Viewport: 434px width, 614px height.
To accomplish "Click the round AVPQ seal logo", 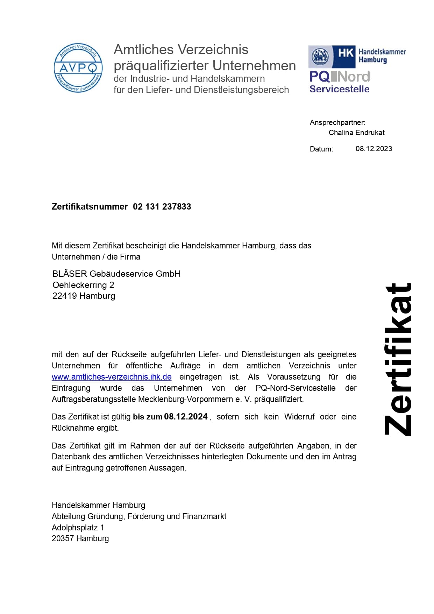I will (78, 68).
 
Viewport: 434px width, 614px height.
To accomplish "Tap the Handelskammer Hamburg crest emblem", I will (320, 56).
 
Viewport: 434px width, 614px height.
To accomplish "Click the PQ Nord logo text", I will (339, 76).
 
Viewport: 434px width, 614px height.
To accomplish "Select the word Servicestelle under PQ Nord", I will (339, 89).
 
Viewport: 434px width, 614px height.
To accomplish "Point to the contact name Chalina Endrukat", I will (356, 133).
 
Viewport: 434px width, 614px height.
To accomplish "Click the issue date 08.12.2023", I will (373, 149).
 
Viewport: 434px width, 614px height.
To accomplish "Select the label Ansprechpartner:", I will (337, 122).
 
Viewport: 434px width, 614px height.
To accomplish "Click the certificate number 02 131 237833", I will (162, 207).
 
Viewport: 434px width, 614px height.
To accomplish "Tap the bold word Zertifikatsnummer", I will (90, 207).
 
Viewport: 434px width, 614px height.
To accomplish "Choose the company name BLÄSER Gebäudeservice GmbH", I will (116, 274).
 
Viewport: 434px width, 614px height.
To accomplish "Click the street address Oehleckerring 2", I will (83, 285).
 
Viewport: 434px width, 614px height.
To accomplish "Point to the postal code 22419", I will (65, 296).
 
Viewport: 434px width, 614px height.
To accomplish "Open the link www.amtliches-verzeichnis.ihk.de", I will (112, 377).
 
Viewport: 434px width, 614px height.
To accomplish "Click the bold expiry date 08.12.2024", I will (186, 417).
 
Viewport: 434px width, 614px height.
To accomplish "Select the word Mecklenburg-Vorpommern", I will (186, 399).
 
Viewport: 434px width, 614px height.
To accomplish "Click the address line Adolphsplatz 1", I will (78, 528).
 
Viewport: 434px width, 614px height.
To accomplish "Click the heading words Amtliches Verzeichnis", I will (181, 50).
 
